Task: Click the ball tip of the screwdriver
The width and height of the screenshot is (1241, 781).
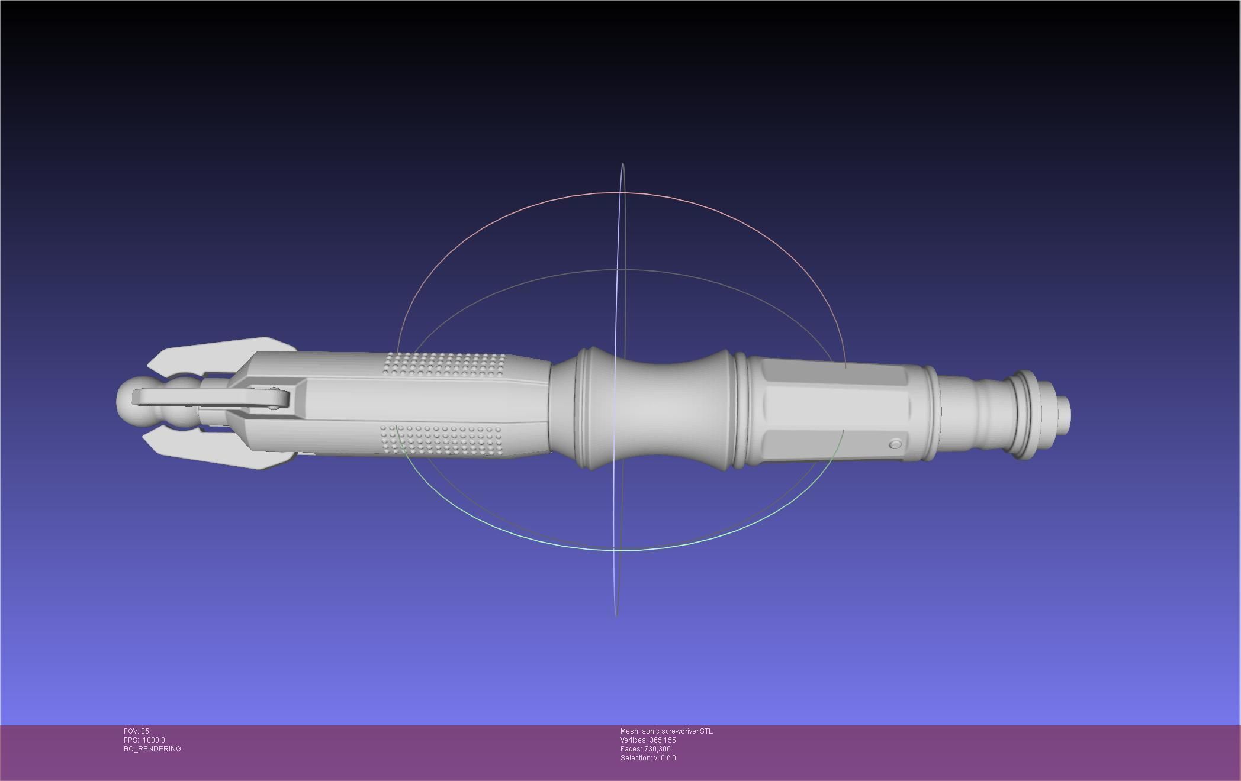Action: click(x=127, y=402)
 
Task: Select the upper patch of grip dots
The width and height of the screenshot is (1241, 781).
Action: click(x=444, y=364)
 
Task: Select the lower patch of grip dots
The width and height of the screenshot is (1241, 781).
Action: click(x=441, y=439)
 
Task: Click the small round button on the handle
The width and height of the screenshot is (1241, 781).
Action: click(x=895, y=444)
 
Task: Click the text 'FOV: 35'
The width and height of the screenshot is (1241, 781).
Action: click(x=136, y=731)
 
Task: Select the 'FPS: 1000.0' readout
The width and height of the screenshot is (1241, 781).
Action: click(x=144, y=740)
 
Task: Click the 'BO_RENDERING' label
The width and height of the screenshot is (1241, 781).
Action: click(x=152, y=749)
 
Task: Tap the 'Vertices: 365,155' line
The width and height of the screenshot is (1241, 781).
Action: click(x=648, y=740)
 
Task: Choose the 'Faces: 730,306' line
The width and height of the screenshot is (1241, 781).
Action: click(x=645, y=749)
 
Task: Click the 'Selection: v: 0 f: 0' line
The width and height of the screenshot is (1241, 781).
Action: click(x=648, y=758)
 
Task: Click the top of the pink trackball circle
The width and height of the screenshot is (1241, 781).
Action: click(x=622, y=192)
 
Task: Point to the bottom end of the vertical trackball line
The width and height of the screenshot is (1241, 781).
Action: click(x=616, y=616)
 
